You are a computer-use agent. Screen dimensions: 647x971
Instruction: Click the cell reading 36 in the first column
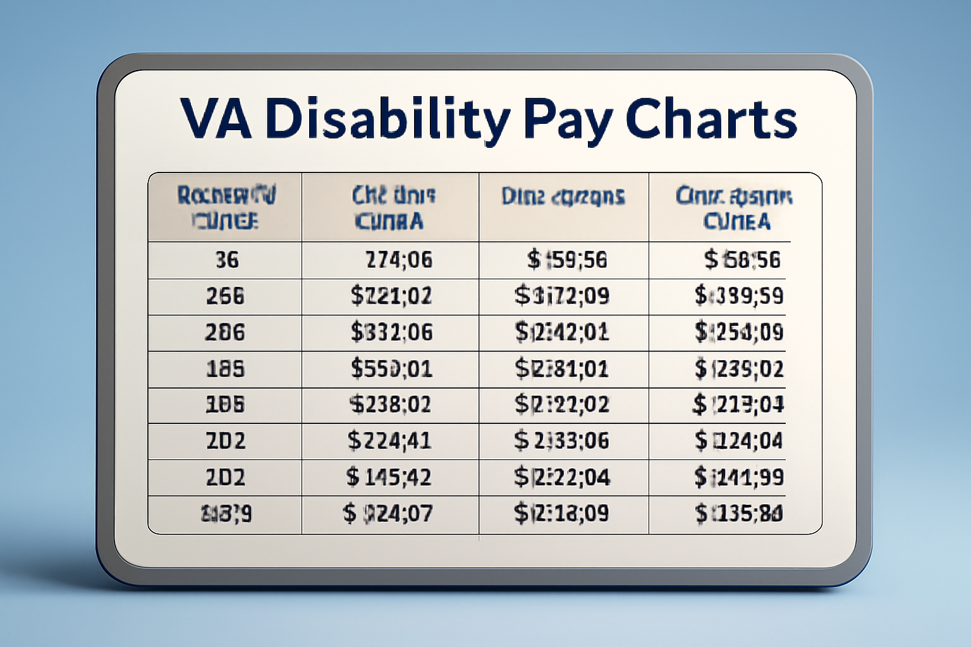pyautogui.click(x=227, y=260)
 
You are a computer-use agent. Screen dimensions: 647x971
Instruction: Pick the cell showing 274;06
pyautogui.click(x=399, y=260)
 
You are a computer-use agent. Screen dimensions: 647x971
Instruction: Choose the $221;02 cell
pyautogui.click(x=391, y=296)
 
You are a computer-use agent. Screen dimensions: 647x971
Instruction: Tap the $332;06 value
pyautogui.click(x=392, y=332)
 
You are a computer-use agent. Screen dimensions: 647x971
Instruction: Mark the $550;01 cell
pyautogui.click(x=392, y=368)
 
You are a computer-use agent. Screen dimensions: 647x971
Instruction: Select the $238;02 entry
pyautogui.click(x=391, y=404)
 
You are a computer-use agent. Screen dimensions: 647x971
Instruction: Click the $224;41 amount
pyautogui.click(x=389, y=440)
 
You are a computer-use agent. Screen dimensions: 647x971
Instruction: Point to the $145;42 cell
pyautogui.click(x=389, y=476)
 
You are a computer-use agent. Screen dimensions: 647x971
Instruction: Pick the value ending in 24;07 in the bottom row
pyautogui.click(x=388, y=513)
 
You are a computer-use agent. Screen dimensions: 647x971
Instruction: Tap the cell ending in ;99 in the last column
pyautogui.click(x=739, y=476)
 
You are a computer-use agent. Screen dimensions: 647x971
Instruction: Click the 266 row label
pyautogui.click(x=225, y=296)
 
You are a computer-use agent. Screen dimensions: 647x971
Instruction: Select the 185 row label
pyautogui.click(x=225, y=368)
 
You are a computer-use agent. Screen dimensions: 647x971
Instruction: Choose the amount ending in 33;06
pyautogui.click(x=561, y=440)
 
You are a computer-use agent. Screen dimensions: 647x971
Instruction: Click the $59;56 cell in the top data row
pyautogui.click(x=567, y=260)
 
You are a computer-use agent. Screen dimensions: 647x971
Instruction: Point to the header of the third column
pyautogui.click(x=563, y=197)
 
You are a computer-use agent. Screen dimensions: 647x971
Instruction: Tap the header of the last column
pyautogui.click(x=735, y=208)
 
